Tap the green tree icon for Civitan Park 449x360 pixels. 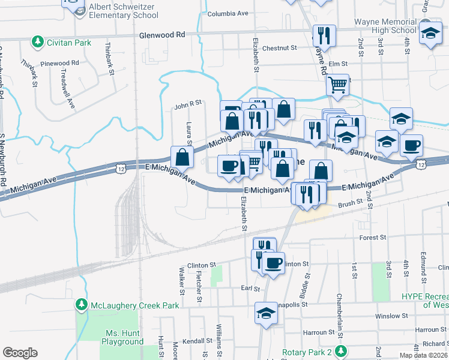38,42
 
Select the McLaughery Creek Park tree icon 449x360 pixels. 82,305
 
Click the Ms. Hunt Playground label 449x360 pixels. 122,337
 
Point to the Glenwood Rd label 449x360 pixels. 162,35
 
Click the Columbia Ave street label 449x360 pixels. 228,13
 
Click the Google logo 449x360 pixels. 20,353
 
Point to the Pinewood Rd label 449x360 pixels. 60,63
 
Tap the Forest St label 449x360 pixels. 373,238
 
